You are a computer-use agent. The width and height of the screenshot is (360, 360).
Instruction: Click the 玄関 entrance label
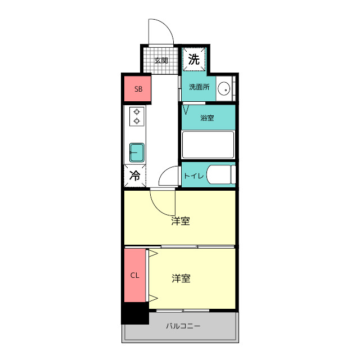tap(161, 60)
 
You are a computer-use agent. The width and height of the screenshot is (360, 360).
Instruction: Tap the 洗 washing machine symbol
tap(194, 60)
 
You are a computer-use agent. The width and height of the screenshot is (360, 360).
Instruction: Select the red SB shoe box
tap(138, 89)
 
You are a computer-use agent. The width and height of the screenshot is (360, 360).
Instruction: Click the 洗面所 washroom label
tap(199, 87)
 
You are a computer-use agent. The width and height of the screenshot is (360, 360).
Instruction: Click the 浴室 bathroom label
tap(207, 118)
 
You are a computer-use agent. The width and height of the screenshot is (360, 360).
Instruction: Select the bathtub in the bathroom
tap(208, 145)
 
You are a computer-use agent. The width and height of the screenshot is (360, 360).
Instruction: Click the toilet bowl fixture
tap(219, 175)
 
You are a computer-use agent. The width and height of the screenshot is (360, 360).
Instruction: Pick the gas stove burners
tap(136, 116)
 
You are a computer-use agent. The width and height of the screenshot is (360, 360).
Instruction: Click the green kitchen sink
tap(137, 152)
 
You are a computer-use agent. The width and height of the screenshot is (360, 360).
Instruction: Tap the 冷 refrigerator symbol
tap(135, 175)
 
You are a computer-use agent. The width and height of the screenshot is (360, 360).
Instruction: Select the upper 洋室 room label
tap(181, 221)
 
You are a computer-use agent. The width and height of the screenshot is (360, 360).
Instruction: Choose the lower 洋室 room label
tap(181, 278)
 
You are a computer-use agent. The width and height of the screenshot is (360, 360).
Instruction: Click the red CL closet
tap(135, 276)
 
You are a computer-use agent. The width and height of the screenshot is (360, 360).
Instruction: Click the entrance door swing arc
tap(160, 31)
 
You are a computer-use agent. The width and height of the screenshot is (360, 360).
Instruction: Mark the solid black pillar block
tap(135, 313)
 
